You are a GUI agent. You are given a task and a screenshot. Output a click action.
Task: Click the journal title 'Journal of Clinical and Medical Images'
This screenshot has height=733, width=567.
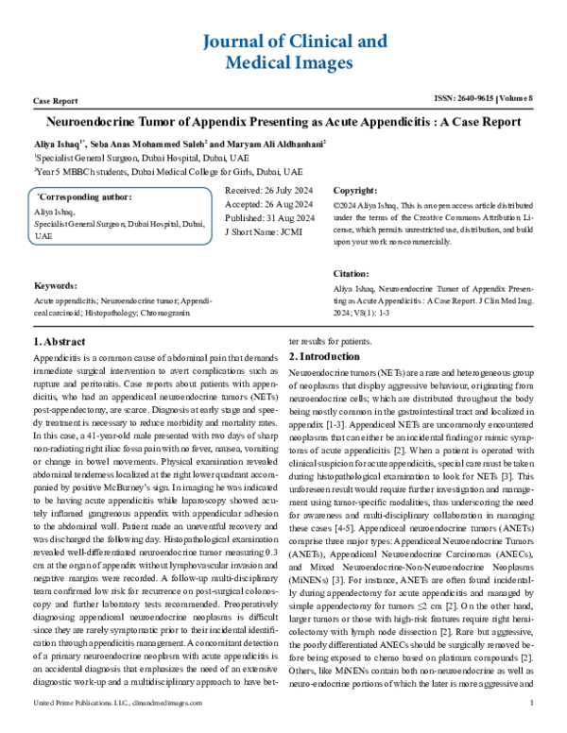pos(283,52)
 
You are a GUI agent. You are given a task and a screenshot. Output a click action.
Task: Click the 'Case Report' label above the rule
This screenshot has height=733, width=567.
pos(55,99)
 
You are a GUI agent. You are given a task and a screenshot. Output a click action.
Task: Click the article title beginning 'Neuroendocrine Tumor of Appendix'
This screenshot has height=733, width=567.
pos(283,123)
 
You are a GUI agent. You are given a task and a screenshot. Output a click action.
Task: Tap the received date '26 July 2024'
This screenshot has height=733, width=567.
pos(278,190)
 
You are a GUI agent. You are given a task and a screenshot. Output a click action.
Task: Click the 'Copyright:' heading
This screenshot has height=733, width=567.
pos(354,190)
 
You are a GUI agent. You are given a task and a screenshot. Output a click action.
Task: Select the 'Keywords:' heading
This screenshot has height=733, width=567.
pos(56,284)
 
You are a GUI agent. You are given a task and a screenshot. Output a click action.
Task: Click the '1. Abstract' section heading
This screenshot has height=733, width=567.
pos(60,342)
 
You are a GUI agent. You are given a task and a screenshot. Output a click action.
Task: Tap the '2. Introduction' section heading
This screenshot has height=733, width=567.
pos(326,357)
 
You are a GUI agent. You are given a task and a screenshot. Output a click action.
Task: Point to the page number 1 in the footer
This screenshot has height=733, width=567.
pos(533,727)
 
